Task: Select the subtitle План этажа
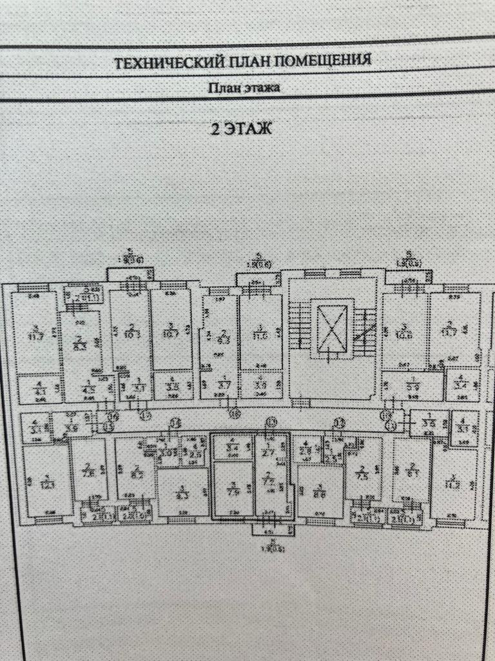click(x=244, y=88)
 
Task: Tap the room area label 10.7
click(x=171, y=333)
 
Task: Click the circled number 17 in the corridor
click(x=146, y=416)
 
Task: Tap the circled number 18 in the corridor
click(x=235, y=414)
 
